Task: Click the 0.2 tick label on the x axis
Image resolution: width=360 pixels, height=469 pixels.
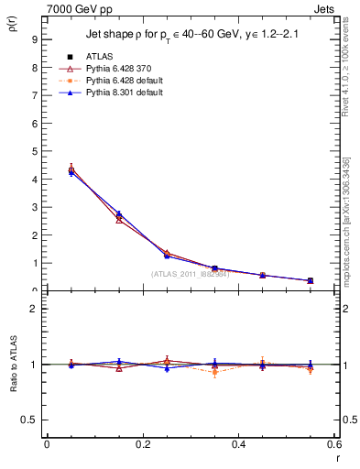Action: (x=142, y=444)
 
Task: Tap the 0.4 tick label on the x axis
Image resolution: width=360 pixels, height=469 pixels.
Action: (x=238, y=444)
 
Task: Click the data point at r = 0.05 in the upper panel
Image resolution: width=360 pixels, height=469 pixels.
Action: (x=71, y=170)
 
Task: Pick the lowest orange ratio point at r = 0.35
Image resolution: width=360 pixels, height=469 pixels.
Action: (x=214, y=372)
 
